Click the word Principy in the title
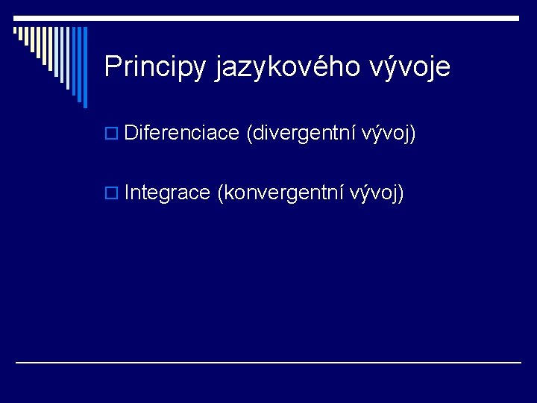tap(155, 67)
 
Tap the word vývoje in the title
tap(409, 66)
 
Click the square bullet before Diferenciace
tap(111, 133)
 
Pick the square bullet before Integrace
tap(111, 193)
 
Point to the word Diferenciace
tap(181, 132)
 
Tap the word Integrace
tap(167, 193)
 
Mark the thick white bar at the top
tap(266, 18)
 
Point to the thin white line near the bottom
tap(268, 362)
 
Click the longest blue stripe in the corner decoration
tap(85, 67)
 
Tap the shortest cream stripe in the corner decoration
tap(15, 30)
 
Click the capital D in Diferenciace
tap(131, 132)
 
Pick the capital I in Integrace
tap(127, 193)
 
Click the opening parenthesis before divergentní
tap(249, 134)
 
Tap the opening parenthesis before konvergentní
tap(221, 193)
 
